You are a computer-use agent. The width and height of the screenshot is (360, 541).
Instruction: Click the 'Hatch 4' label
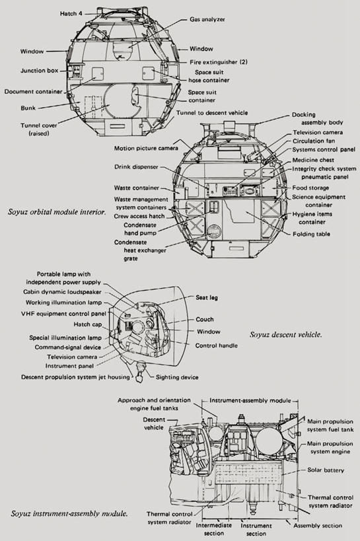click(x=71, y=13)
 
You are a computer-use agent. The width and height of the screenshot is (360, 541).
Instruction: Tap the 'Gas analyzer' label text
click(x=207, y=19)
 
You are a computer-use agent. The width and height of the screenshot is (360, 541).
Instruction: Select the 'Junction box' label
click(x=40, y=71)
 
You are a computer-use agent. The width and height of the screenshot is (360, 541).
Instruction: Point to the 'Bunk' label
click(x=28, y=108)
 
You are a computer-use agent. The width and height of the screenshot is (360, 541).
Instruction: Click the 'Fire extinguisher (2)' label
click(x=219, y=62)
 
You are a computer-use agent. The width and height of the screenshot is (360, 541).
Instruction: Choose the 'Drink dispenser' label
click(x=136, y=166)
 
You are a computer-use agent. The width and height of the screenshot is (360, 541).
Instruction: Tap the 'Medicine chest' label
click(x=313, y=160)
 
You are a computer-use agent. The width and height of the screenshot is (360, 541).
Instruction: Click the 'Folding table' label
click(x=311, y=234)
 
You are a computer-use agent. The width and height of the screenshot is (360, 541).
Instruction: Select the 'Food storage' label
click(x=310, y=188)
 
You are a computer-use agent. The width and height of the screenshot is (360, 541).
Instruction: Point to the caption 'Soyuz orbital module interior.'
click(x=57, y=212)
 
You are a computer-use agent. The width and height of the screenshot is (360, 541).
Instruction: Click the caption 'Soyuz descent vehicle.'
click(x=286, y=334)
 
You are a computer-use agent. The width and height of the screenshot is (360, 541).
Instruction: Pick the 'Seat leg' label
click(x=207, y=297)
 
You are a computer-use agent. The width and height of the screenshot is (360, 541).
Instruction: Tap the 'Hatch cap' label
click(x=88, y=324)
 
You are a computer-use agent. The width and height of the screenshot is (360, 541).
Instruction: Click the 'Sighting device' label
click(x=177, y=377)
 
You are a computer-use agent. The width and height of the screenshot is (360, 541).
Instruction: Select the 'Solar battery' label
click(x=326, y=470)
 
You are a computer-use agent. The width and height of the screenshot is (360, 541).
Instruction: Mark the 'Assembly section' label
click(x=318, y=525)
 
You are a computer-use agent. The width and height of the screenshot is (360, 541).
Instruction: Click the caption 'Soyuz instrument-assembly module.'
click(x=69, y=514)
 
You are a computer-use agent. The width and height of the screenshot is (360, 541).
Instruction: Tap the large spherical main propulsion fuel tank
click(x=269, y=439)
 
